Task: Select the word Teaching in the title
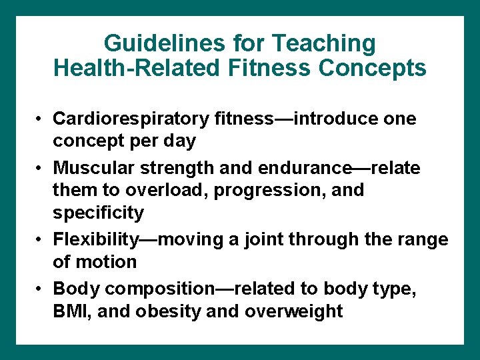[327, 44]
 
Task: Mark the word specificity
[98, 213]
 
